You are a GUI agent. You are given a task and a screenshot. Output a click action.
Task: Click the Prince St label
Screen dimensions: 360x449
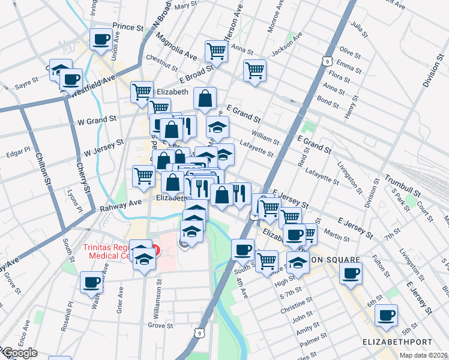[128, 27]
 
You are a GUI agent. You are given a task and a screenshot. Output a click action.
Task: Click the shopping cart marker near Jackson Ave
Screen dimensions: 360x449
[255, 70]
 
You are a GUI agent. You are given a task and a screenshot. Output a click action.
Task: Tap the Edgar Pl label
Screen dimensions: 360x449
[19, 151]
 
